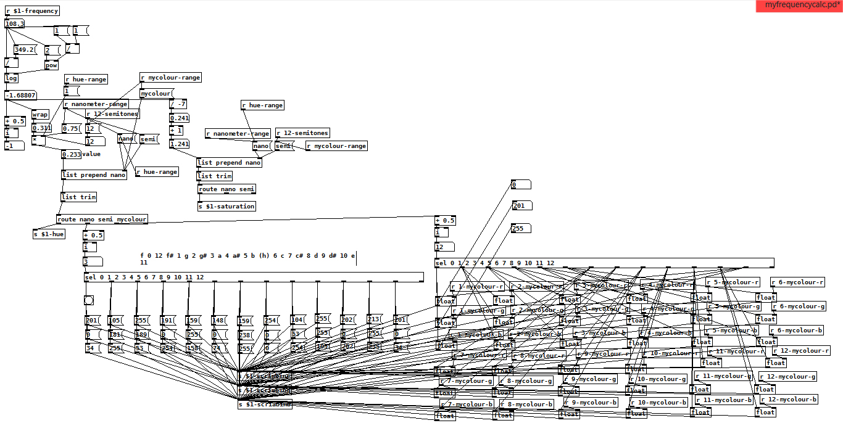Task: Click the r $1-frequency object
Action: click(32, 10)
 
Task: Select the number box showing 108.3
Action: click(14, 24)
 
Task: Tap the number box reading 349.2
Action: click(25, 50)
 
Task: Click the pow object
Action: click(51, 65)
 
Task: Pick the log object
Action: click(11, 78)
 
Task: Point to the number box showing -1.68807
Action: click(20, 96)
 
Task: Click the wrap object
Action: click(40, 115)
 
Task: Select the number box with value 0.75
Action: click(72, 129)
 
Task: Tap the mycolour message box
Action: click(156, 94)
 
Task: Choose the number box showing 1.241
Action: click(179, 144)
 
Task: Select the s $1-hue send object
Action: click(49, 234)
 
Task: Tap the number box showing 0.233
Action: click(71, 155)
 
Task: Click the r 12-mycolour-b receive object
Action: click(788, 399)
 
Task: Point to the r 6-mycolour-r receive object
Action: click(797, 282)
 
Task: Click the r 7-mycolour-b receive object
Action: click(467, 404)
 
